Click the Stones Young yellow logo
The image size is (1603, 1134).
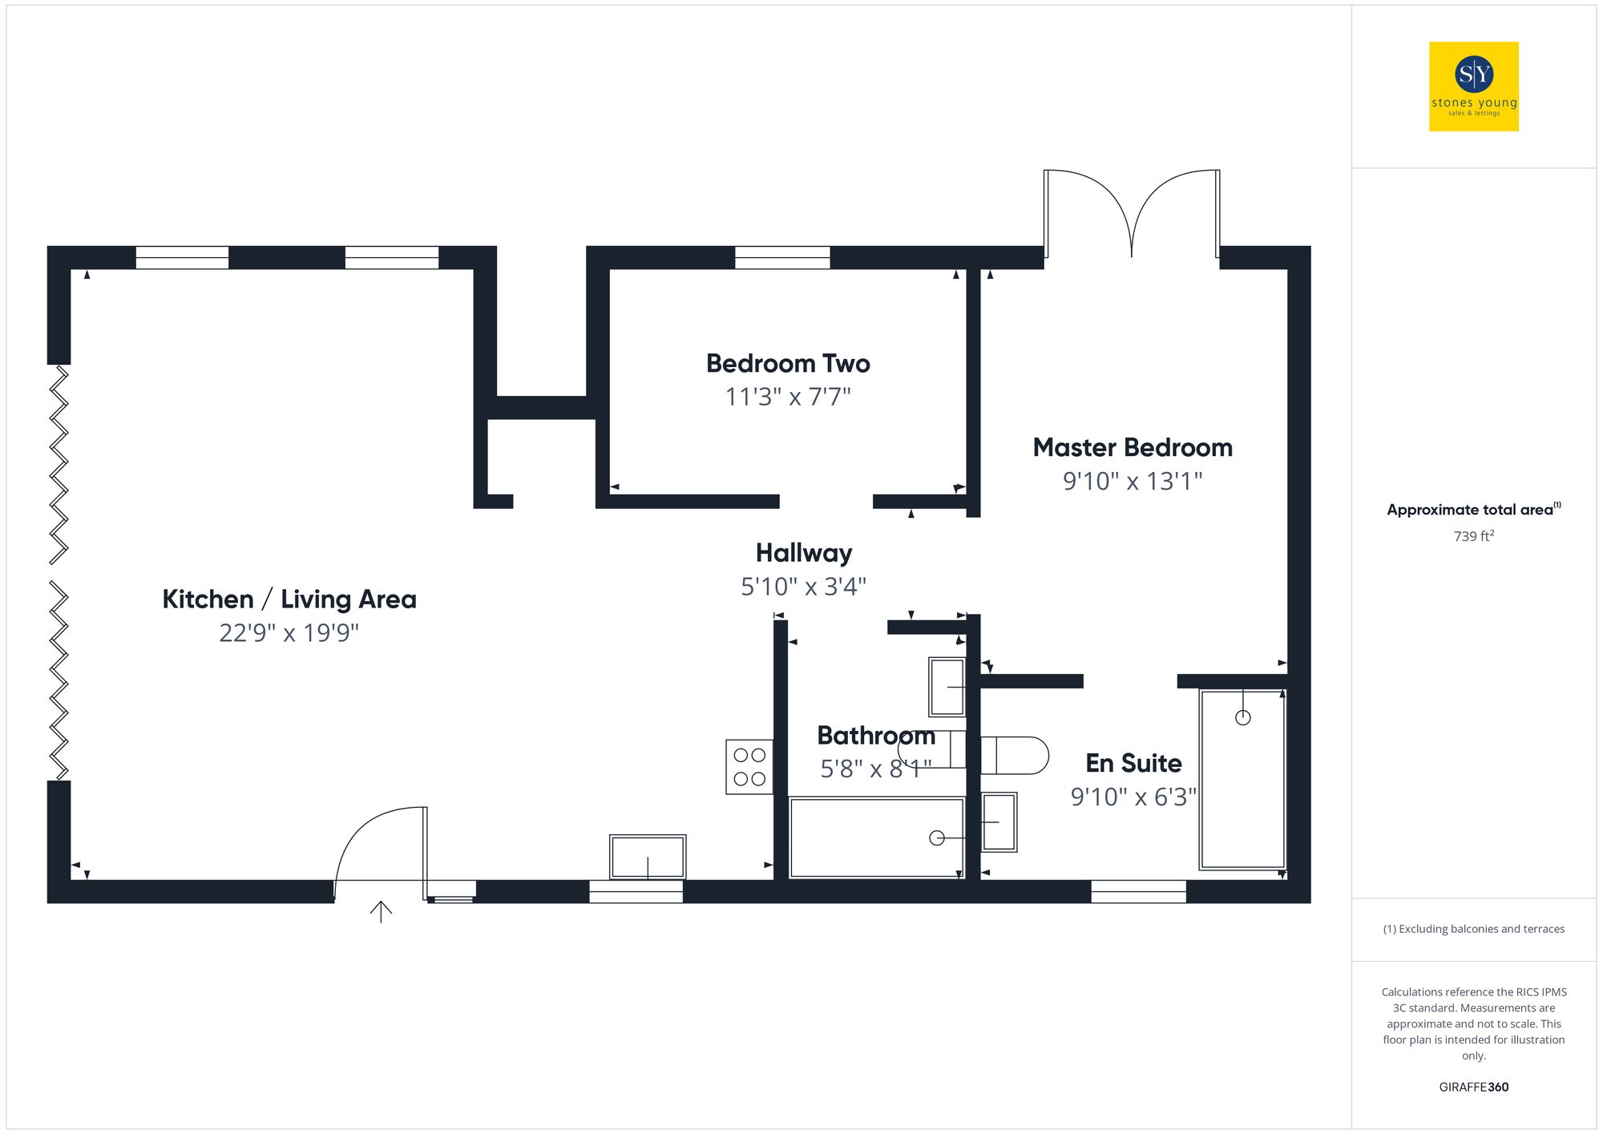point(1473,87)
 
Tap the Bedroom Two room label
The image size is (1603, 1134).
point(788,364)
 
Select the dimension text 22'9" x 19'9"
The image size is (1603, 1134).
point(289,633)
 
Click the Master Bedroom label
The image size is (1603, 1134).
point(1132,448)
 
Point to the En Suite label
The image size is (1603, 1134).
point(1133,764)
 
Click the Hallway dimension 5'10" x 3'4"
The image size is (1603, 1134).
point(803,587)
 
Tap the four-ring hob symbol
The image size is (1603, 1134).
point(749,767)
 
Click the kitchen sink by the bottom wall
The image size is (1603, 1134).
point(648,857)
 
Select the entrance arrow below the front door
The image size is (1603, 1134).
point(381,911)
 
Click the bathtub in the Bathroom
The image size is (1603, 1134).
point(876,837)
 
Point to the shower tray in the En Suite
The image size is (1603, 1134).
point(1242,780)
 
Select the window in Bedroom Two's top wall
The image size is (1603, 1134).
point(782,257)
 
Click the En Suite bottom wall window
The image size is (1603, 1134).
point(1138,891)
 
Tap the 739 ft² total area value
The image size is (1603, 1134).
point(1473,536)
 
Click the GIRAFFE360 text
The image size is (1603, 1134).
point(1473,1088)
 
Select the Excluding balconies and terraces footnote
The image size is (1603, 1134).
point(1473,929)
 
